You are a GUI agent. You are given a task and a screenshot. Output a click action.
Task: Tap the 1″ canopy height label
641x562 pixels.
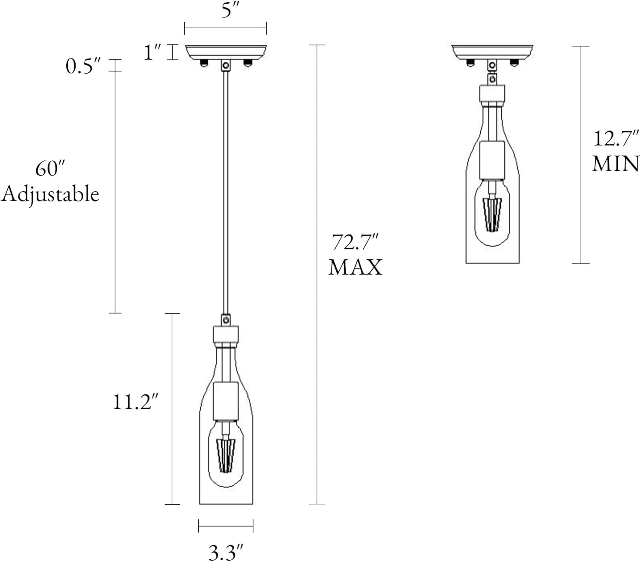(x=153, y=53)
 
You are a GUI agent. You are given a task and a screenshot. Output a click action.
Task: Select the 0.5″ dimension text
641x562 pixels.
(x=83, y=66)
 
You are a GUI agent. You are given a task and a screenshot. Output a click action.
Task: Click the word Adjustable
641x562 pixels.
(x=50, y=194)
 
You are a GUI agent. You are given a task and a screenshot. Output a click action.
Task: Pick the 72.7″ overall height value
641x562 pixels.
(x=356, y=243)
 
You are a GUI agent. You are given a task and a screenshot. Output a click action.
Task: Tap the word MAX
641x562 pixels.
(x=356, y=268)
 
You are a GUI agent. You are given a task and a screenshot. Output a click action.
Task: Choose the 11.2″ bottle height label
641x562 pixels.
(x=132, y=402)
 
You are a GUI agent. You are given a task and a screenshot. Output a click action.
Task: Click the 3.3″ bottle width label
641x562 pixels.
(x=226, y=552)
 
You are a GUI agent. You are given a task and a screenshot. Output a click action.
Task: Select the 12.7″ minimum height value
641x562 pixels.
(x=616, y=139)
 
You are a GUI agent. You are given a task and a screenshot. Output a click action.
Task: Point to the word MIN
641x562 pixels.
(x=616, y=164)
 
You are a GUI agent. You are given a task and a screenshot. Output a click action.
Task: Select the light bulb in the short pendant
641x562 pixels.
(x=493, y=214)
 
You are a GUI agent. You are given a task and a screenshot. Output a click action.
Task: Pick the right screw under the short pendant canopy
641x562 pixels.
(x=514, y=63)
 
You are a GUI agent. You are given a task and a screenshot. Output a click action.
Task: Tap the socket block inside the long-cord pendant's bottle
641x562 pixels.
(x=226, y=401)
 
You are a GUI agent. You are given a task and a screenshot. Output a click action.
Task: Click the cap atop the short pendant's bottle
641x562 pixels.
(x=492, y=95)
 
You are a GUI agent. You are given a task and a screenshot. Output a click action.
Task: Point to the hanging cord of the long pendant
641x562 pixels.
(x=225, y=192)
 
